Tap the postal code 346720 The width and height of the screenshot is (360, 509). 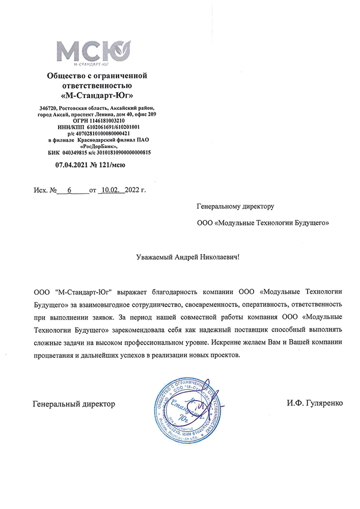click(48, 108)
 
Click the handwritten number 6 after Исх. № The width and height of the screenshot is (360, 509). click(69, 190)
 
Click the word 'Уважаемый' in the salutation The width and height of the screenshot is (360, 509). click(155, 258)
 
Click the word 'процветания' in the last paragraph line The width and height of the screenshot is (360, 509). click(51, 355)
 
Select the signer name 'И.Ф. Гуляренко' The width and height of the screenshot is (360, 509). click(315, 404)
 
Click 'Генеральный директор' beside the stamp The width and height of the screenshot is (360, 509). click(74, 404)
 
